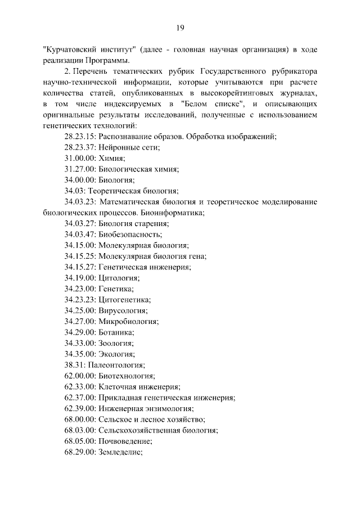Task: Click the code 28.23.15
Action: point(80,137)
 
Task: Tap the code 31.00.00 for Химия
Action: point(80,159)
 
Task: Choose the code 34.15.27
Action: point(80,267)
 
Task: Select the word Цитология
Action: point(119,277)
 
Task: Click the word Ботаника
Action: point(116,332)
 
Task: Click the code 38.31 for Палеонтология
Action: point(74,364)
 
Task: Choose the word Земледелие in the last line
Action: point(121,451)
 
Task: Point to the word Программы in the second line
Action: point(110,61)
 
